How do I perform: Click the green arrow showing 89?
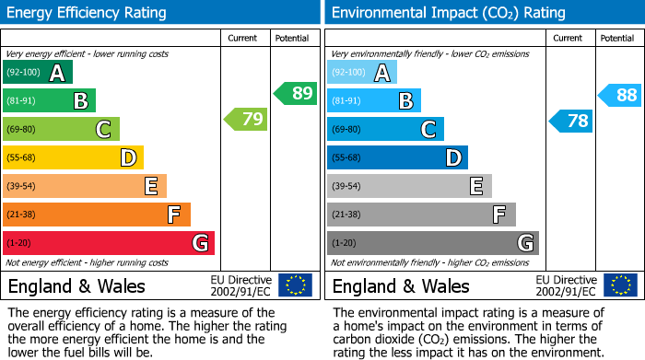(x=295, y=93)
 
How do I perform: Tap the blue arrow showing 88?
(x=620, y=94)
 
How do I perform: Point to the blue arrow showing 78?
(x=571, y=121)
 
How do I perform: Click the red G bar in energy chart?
(x=109, y=243)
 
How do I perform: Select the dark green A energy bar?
(x=38, y=73)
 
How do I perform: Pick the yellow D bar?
(x=73, y=157)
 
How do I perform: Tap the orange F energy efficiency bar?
(x=97, y=215)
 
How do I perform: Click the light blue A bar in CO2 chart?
(x=362, y=73)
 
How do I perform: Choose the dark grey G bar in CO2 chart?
(x=432, y=243)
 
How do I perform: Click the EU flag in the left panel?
(x=295, y=285)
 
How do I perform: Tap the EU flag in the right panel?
(x=620, y=285)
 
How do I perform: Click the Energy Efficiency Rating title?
(x=88, y=13)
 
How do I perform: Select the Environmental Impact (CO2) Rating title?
(x=448, y=13)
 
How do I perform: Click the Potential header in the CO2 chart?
(x=616, y=38)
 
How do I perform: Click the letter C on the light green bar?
(x=104, y=130)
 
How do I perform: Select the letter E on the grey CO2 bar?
(x=476, y=187)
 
